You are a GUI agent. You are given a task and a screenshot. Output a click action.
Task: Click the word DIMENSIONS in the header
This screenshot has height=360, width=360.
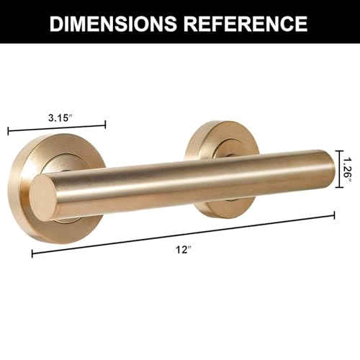[x=113, y=23]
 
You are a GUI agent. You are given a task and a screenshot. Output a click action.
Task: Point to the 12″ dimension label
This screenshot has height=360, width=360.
[x=184, y=250]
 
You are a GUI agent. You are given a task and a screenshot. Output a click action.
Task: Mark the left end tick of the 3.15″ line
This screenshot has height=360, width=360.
[x=9, y=131]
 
